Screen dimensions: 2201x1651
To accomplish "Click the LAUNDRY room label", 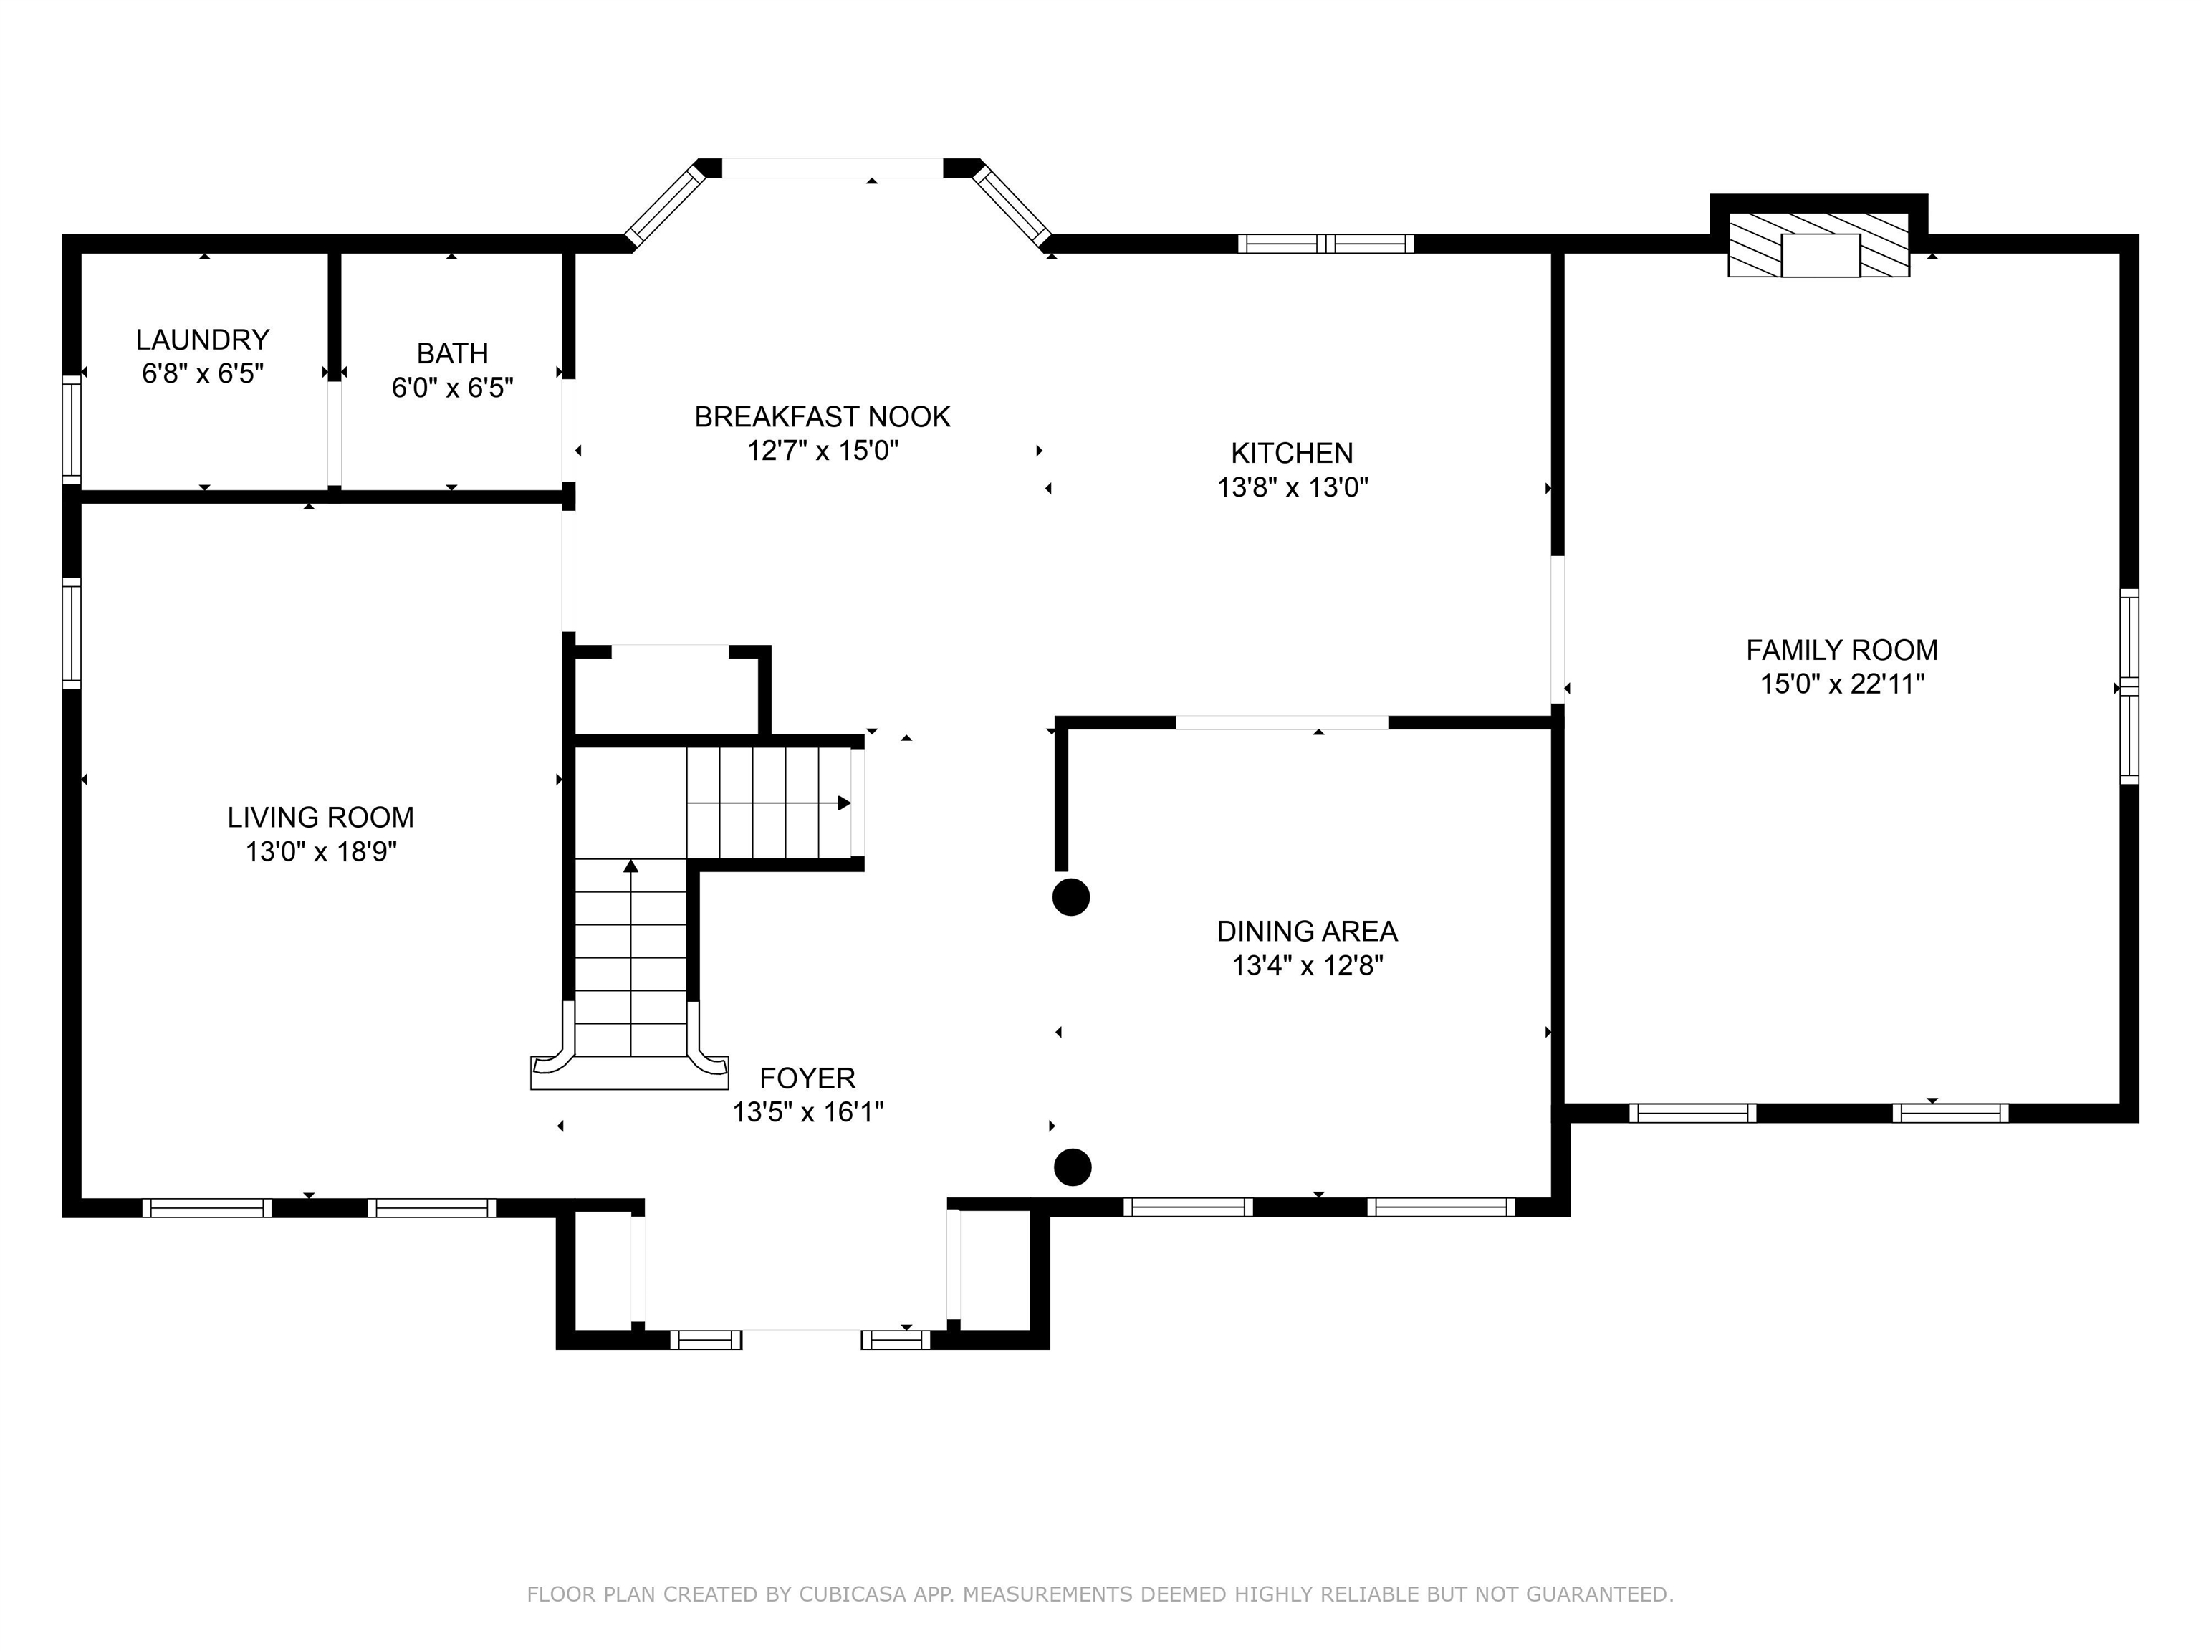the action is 203,340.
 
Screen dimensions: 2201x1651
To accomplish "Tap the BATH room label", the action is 453,354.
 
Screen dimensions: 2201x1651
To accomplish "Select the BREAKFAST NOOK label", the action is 822,417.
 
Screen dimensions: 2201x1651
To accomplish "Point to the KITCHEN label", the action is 1292,454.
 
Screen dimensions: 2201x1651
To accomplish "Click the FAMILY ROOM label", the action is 1842,651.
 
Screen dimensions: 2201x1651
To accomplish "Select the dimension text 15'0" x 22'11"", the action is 1842,684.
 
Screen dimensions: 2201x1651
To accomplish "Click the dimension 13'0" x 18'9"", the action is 320,852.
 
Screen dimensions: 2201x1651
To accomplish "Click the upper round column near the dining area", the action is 1070,896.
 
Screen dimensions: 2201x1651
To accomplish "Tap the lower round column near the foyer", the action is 1072,1167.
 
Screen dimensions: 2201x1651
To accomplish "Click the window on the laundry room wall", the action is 71,430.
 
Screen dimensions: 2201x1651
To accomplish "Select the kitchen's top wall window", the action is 1325,244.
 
